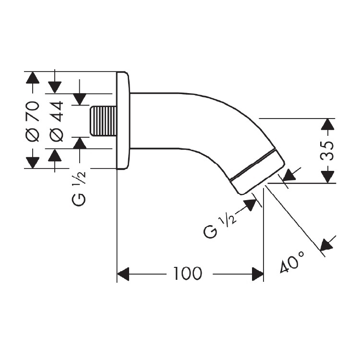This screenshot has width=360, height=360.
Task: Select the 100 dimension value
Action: pyautogui.click(x=188, y=274)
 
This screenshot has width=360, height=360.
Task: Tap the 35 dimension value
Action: pyautogui.click(x=327, y=151)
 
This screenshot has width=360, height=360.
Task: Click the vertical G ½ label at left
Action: pyautogui.click(x=79, y=188)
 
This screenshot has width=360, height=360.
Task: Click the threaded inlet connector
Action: pyautogui.click(x=103, y=121)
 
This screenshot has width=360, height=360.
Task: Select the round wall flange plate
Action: pyautogui.click(x=123, y=121)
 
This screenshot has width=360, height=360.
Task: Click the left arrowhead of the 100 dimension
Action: pyautogui.click(x=123, y=274)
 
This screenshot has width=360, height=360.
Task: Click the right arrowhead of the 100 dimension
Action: pyautogui.click(x=258, y=274)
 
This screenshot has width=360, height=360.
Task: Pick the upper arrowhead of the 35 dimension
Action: pyautogui.click(x=327, y=125)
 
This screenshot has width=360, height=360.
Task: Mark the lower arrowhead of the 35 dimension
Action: pyautogui.click(x=327, y=177)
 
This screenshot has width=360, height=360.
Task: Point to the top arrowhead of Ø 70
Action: pyautogui.click(x=33, y=78)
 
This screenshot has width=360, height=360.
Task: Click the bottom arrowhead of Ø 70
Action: pyautogui.click(x=33, y=162)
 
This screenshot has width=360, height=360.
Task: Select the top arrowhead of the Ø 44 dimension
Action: pyautogui.click(x=55, y=87)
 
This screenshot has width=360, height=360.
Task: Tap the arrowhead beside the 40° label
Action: pyautogui.click(x=327, y=245)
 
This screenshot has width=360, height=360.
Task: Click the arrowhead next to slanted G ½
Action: pyautogui.click(x=250, y=205)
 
